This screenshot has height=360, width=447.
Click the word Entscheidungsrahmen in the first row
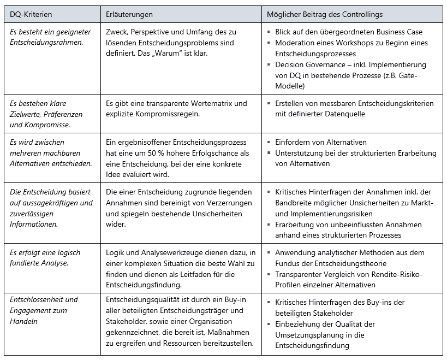point(46,43)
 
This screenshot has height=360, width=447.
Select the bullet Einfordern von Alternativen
point(320,142)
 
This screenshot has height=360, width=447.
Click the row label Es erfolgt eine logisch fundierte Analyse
point(45,258)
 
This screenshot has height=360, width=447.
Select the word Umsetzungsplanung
point(311,335)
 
